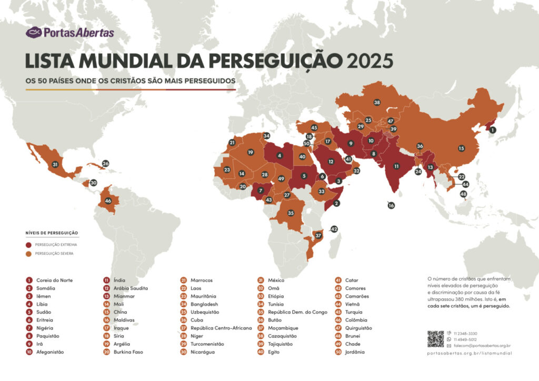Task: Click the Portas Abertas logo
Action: point(69,33)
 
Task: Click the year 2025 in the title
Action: point(370,61)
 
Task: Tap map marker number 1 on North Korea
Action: point(492,129)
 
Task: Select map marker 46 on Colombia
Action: point(108,200)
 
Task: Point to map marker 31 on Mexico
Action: point(55,165)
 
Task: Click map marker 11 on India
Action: point(396,166)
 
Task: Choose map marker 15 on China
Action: point(461,148)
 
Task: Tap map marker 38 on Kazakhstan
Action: point(377,102)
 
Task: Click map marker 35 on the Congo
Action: point(290,213)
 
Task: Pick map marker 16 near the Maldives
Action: point(391,206)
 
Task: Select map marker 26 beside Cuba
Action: point(105,164)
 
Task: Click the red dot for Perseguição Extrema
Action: point(28,245)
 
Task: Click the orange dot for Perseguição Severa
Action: point(28,253)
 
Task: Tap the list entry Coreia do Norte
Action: point(54,280)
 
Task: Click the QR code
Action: point(435,339)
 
